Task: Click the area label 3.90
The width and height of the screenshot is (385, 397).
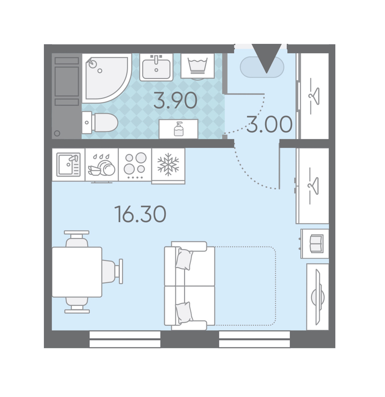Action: click(x=175, y=101)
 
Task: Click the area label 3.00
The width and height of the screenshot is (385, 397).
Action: click(x=269, y=124)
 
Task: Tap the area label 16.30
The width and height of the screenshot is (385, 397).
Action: click(x=140, y=214)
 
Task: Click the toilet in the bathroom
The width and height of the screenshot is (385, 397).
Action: click(x=100, y=123)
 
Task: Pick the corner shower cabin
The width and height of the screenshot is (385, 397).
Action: click(x=107, y=78)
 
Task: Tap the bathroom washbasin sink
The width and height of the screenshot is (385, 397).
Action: click(x=157, y=67)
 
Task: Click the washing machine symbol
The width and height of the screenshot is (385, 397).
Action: click(x=198, y=66)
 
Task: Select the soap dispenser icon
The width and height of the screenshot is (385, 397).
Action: click(x=179, y=129)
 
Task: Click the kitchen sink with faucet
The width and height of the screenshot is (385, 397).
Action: click(x=68, y=165)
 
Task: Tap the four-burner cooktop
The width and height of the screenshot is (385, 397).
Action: click(x=135, y=165)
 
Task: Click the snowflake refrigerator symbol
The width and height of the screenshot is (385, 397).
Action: click(x=168, y=165)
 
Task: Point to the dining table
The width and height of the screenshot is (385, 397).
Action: click(x=77, y=272)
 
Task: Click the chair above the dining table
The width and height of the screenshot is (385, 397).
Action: click(x=77, y=239)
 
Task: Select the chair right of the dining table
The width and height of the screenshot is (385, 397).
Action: click(x=113, y=271)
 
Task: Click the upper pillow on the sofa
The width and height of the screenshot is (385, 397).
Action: click(x=184, y=259)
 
